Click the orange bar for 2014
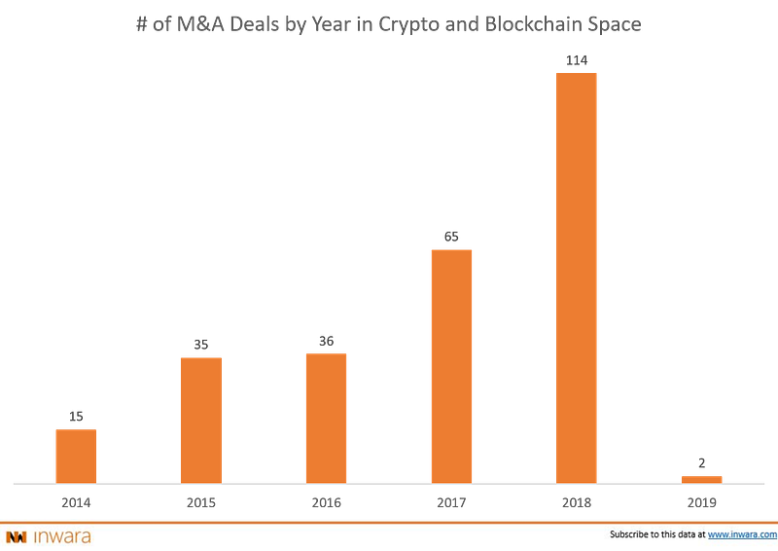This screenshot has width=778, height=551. [75, 454]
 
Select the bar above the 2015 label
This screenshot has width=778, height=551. [200, 419]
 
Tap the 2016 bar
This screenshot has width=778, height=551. [326, 416]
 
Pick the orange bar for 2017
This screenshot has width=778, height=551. [451, 364]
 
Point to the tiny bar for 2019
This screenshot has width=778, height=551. [702, 477]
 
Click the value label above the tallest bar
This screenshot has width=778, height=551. [577, 60]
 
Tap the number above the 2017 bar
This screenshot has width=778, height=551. [451, 236]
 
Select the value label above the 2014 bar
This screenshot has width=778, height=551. [75, 416]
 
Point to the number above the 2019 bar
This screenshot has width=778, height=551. [702, 460]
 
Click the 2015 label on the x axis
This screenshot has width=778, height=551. [200, 501]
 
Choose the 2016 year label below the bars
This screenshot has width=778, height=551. [326, 501]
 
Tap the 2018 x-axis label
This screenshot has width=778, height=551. [577, 501]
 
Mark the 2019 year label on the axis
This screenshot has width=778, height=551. [702, 501]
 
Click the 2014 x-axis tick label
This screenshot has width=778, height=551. [75, 501]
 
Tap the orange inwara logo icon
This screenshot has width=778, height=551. [16, 535]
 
